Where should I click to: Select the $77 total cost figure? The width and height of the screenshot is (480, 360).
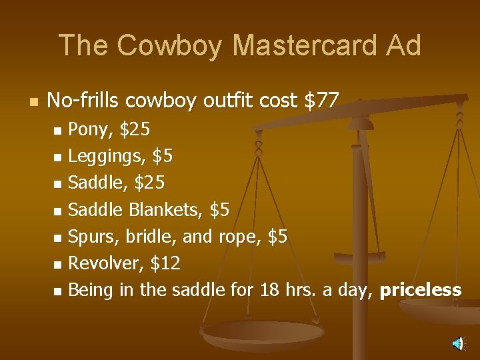coord(321,101)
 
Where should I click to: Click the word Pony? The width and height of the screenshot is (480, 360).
coord(89,128)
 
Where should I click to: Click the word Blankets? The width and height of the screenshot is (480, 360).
coord(166,210)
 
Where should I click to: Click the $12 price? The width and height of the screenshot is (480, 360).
coord(166,263)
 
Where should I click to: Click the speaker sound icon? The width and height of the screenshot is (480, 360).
coord(457,343)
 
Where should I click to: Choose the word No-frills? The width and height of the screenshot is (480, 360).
coord(83,101)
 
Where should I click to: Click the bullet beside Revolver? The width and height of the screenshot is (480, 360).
coord(57,265)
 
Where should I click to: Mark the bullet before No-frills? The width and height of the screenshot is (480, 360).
coord(33,102)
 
